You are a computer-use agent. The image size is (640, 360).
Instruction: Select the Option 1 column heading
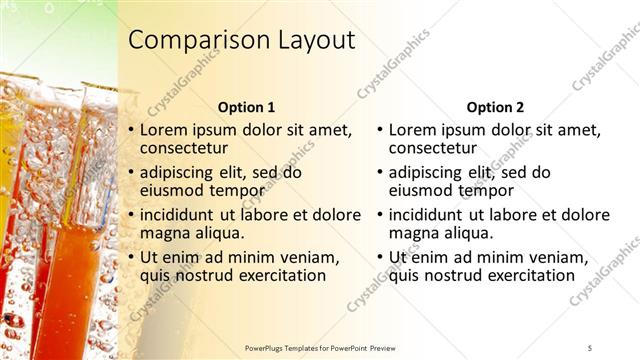tap(245, 107)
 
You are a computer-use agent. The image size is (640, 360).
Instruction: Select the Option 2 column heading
tap(494, 107)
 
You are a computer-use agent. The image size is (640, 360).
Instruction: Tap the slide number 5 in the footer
tap(590, 347)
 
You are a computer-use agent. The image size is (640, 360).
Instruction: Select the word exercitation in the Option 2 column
tap(525, 276)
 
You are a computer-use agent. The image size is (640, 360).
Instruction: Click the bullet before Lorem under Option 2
tap(379, 130)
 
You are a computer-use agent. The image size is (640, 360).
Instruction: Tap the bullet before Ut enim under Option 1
tap(130, 257)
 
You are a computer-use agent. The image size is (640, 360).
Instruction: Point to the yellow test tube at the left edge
tap(8, 180)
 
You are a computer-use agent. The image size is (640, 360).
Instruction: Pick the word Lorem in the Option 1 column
tap(164, 130)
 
